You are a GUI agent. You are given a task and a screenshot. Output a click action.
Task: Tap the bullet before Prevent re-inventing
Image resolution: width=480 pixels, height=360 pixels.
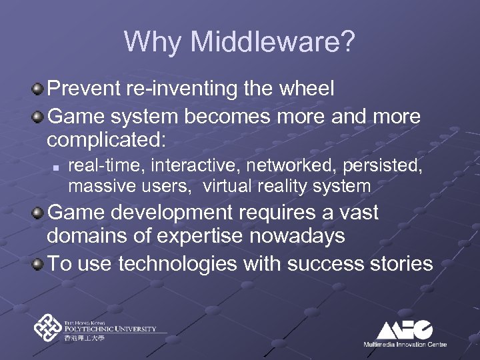pyautogui.click(x=41, y=89)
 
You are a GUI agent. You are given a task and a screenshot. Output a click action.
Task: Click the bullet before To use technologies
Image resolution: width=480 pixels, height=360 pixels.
pyautogui.click(x=41, y=263)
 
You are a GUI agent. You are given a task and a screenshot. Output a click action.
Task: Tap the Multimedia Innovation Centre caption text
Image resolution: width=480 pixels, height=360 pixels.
pyautogui.click(x=405, y=344)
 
